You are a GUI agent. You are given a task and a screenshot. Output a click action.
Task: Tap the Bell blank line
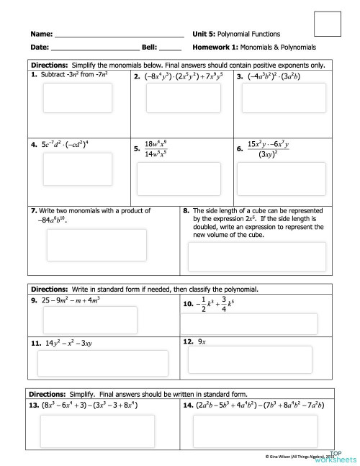pyautogui.click(x=170, y=50)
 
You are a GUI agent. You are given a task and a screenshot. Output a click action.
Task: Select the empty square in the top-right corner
pyautogui.click(x=328, y=24)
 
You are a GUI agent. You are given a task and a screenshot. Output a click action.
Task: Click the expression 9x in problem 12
pyautogui.click(x=202, y=342)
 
